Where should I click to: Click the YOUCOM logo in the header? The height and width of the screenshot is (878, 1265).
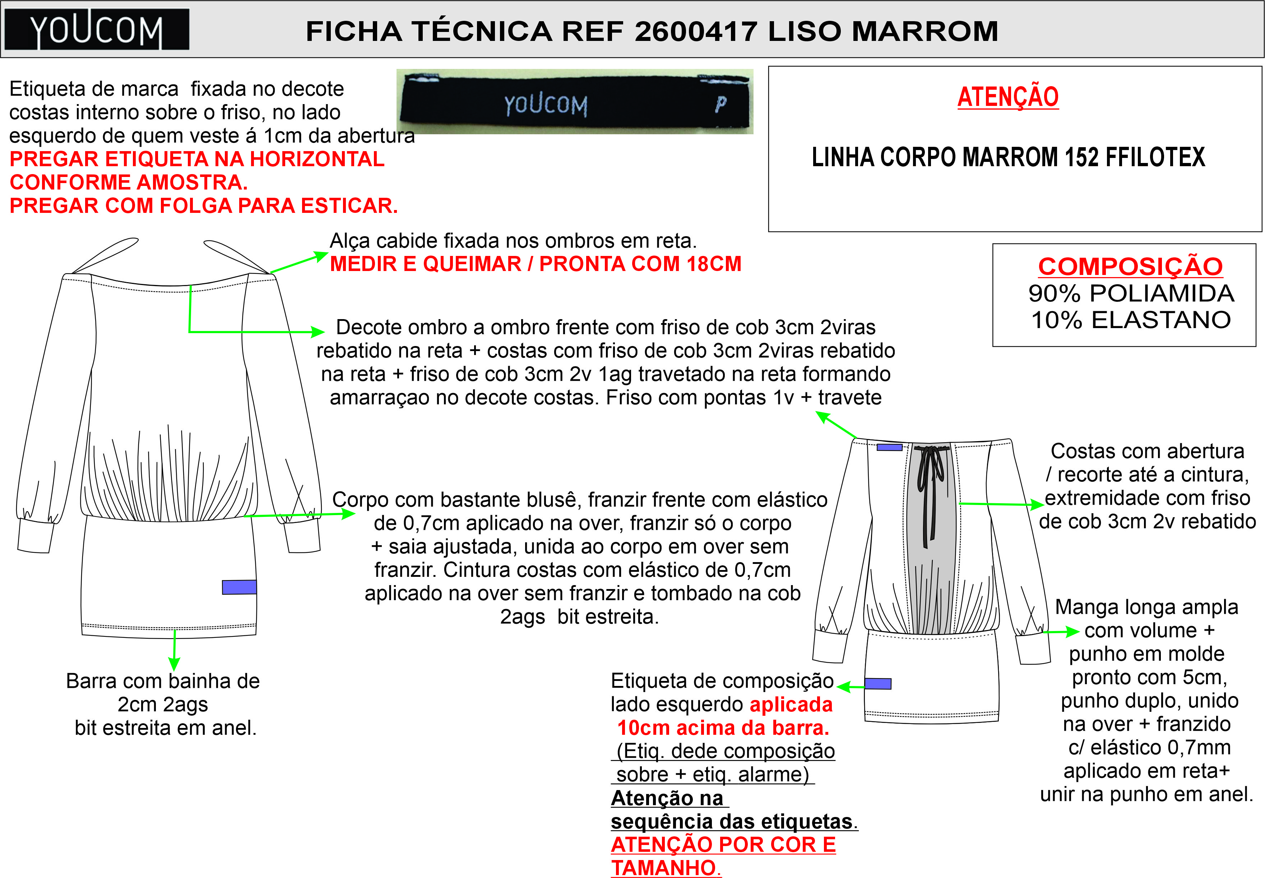97,30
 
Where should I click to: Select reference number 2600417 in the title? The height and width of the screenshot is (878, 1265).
696,31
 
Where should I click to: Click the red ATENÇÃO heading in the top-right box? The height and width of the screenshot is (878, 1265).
1008,97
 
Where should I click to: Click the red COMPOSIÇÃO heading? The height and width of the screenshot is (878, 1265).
1130,267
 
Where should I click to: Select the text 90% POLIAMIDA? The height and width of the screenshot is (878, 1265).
1131,293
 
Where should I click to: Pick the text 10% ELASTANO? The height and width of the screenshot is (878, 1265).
1131,319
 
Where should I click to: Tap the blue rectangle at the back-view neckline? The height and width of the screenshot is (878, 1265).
889,447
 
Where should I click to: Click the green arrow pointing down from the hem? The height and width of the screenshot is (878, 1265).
175,650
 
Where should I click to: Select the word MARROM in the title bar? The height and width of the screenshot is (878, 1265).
925,31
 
